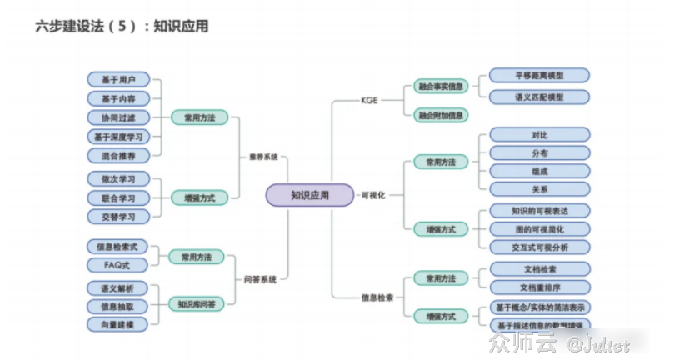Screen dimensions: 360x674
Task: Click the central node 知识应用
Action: [310, 195]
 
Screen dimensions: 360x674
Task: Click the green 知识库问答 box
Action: [197, 304]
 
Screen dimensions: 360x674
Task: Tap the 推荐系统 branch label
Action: [262, 157]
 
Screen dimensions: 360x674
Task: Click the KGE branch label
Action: [369, 100]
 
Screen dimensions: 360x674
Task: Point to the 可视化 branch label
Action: [372, 195]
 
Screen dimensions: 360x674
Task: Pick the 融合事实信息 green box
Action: [440, 86]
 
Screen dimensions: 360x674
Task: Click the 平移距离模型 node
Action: [539, 76]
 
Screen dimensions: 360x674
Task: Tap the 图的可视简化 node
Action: [539, 228]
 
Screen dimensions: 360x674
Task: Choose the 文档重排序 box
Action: [539, 287]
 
